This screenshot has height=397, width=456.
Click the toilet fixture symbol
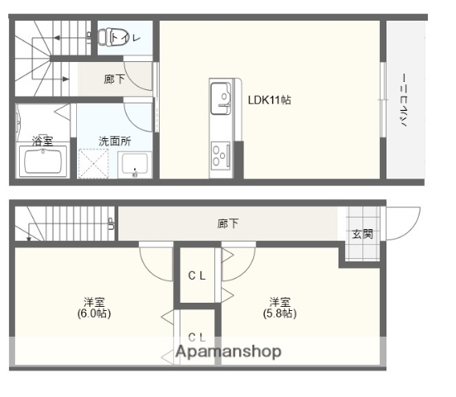click(x=107, y=37)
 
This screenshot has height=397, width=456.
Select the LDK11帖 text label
click(x=269, y=99)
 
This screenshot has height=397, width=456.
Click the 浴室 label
click(x=42, y=141)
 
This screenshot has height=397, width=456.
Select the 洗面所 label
click(x=114, y=141)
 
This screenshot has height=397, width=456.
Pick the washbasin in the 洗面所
click(x=133, y=165)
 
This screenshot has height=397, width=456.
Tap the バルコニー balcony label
click(x=405, y=100)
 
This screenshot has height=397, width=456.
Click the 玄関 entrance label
click(x=362, y=234)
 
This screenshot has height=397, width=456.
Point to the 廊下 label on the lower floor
click(x=228, y=223)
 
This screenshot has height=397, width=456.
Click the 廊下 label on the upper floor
click(x=114, y=79)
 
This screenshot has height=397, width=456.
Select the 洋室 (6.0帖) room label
click(x=93, y=308)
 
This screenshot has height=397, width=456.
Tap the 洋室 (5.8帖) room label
click(x=278, y=308)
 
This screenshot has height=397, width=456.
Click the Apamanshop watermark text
click(x=228, y=352)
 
